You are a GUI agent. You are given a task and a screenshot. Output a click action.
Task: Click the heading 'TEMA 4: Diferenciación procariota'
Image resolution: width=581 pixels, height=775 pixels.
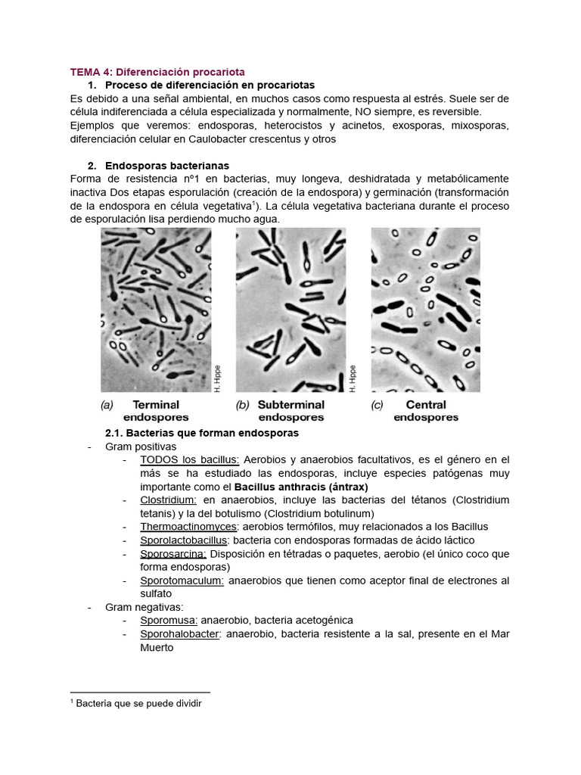coord(157,72)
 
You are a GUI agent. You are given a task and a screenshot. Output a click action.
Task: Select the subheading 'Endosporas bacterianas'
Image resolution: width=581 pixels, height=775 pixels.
coord(167,165)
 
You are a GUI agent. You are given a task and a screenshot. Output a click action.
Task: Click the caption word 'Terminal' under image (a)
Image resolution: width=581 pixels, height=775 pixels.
coord(156,405)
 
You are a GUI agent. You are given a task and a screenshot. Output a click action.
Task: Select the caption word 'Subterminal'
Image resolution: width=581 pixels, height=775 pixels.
coord(291,405)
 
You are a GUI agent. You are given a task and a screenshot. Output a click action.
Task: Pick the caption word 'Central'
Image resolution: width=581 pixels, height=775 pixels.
coord(426,405)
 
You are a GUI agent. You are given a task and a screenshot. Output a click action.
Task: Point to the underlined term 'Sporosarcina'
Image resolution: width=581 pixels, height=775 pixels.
coord(172,554)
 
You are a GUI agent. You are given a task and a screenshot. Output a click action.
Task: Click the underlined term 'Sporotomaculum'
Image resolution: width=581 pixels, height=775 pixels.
coord(182,580)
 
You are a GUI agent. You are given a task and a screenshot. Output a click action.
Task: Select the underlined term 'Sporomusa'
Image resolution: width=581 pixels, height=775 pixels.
coord(168,620)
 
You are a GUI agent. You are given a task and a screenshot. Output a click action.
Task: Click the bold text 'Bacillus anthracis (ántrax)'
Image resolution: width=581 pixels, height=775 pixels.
coord(301,487)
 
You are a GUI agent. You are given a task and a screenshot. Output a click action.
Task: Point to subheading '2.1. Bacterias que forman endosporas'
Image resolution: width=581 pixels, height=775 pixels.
coord(201,433)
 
